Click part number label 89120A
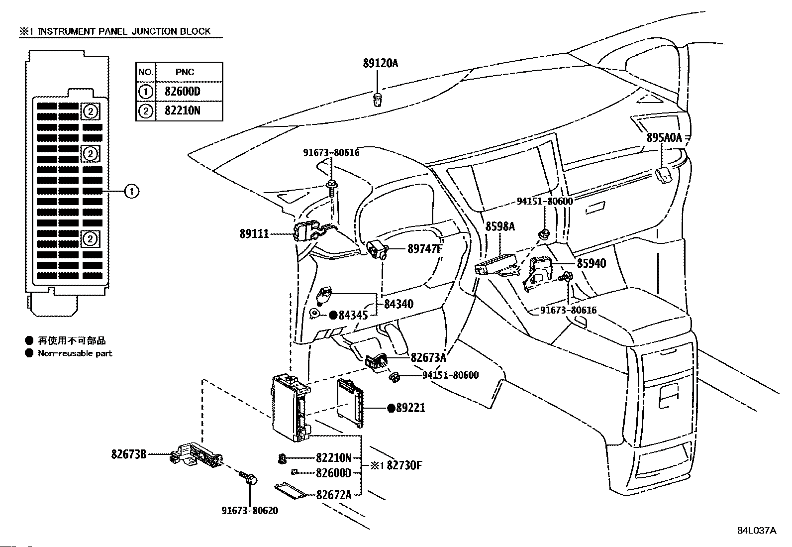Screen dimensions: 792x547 pos(381,63)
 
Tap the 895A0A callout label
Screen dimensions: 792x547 pos(664,137)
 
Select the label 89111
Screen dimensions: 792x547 pos(254,234)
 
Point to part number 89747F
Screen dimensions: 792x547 pos(425,249)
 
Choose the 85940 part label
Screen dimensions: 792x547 pos(592,263)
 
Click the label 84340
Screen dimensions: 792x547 pos(398,304)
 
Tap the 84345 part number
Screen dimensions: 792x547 pos(353,315)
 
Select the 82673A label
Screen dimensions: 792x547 pos(428,358)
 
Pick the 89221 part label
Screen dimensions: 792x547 pos(410,408)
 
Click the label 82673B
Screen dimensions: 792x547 pos(129,454)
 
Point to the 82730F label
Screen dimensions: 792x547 pos(404,465)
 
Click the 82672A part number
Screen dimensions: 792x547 pos(334,495)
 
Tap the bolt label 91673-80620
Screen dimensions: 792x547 pos(250,511)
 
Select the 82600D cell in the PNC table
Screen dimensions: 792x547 pos(183,92)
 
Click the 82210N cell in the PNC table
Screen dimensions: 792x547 pos(183,111)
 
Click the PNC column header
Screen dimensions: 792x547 pos(185,72)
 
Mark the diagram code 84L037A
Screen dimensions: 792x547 pos(757,531)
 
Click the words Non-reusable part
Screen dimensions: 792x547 pos(75,353)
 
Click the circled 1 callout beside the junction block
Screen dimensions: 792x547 pos(132,192)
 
